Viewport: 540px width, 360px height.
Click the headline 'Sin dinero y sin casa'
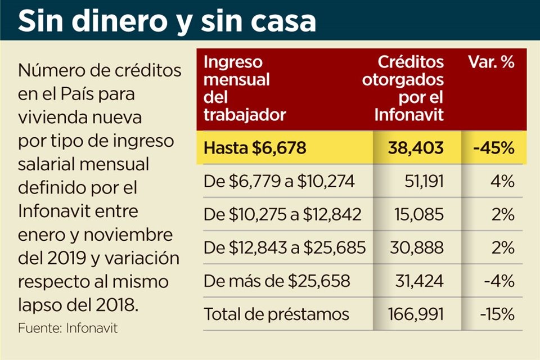point(167,21)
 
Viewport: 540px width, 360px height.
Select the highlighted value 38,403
point(416,148)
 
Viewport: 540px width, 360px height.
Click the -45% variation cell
point(493,148)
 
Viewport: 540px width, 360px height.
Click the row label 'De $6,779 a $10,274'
point(279,182)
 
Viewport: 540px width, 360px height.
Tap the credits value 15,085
point(423,215)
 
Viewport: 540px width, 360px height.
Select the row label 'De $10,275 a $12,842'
point(282,215)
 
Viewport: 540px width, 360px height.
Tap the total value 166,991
point(417,314)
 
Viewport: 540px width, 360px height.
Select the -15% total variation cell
point(497,314)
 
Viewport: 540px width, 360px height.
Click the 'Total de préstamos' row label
point(276,314)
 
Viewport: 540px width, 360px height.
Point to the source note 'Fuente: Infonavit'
point(67,328)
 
